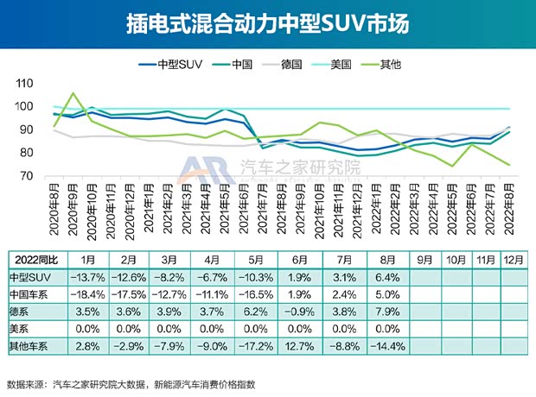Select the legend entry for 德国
(295, 63)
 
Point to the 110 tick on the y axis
(23, 84)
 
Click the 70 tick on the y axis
(26, 176)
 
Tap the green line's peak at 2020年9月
(73, 93)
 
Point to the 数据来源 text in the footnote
(26, 384)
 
